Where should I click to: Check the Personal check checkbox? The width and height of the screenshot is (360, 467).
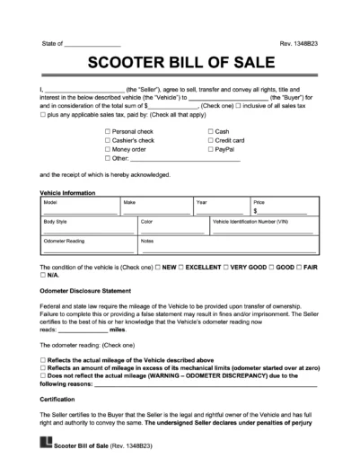(x=108, y=130)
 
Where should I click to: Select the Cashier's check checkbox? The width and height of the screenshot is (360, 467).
(x=108, y=140)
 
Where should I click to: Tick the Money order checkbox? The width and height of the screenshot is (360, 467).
(x=108, y=150)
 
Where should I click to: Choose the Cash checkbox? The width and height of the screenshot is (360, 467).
(x=210, y=130)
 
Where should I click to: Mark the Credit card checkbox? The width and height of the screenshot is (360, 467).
(x=210, y=140)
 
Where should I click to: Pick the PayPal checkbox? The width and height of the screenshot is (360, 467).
(x=210, y=150)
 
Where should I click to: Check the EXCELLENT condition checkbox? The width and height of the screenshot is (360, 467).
(x=181, y=268)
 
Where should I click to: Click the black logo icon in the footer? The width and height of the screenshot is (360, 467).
(x=48, y=443)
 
